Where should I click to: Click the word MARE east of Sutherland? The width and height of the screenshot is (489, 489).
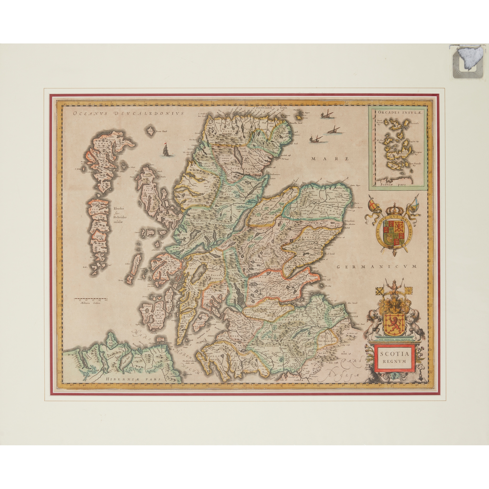click(330, 159)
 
